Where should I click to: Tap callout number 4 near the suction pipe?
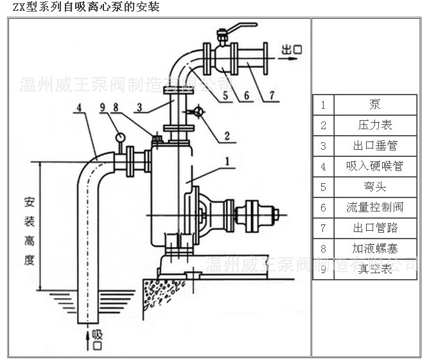click(x=79, y=107)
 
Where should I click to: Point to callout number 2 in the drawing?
click(x=227, y=136)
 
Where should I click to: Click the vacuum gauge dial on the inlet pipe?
click(x=120, y=136)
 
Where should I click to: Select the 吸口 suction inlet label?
click(x=97, y=338)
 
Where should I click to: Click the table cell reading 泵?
click(x=375, y=105)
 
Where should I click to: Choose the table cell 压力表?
click(x=375, y=125)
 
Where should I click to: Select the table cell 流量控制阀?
click(x=375, y=208)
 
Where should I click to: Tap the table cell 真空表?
click(x=375, y=269)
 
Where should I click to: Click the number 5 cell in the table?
click(x=323, y=187)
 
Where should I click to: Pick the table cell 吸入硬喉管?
click(x=375, y=166)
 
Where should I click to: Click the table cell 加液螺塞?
click(x=375, y=249)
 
